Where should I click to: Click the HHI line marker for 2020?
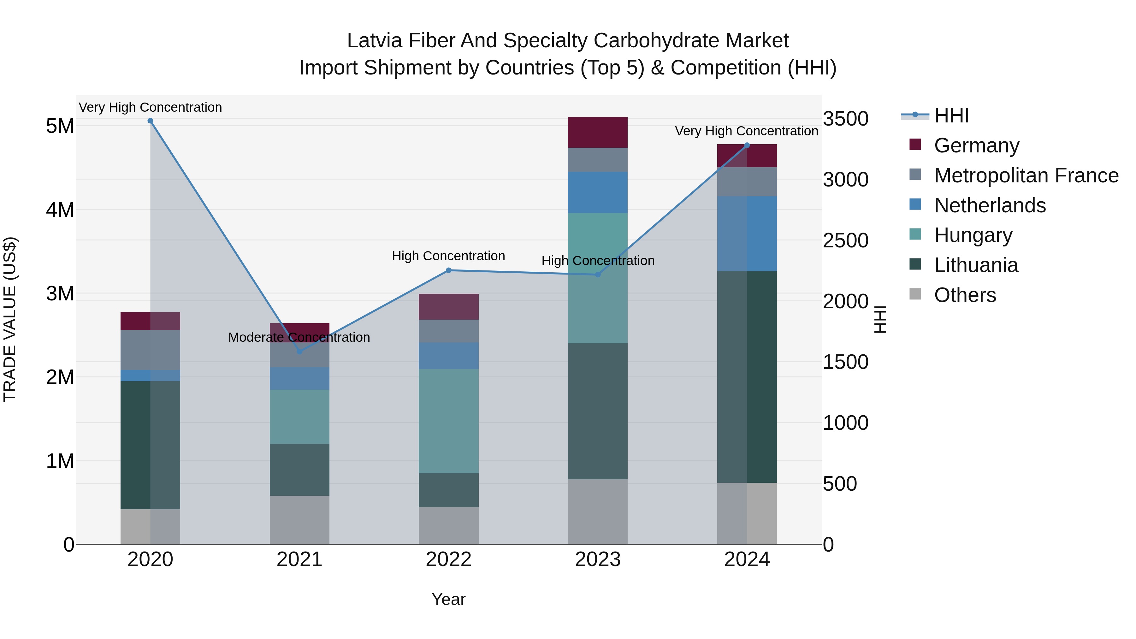pyautogui.click(x=151, y=121)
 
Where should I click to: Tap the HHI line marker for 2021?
pyautogui.click(x=299, y=352)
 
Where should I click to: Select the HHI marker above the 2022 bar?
pyautogui.click(x=448, y=270)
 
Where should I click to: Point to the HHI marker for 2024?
pyautogui.click(x=747, y=145)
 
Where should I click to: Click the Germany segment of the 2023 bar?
pyautogui.click(x=598, y=132)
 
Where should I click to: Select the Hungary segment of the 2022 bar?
pyautogui.click(x=448, y=421)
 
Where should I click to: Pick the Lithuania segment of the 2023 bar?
pyautogui.click(x=598, y=411)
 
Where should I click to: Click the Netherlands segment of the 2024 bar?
pyautogui.click(x=747, y=234)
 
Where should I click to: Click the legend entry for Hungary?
pyautogui.click(x=973, y=235)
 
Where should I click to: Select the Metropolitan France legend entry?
pyautogui.click(x=1026, y=175)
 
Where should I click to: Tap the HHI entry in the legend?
pyautogui.click(x=951, y=115)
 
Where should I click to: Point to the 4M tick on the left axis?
pyautogui.click(x=60, y=210)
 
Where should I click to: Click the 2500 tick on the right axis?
pyautogui.click(x=845, y=241)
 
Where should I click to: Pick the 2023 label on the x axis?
pyautogui.click(x=598, y=559)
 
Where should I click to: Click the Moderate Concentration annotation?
pyautogui.click(x=299, y=337)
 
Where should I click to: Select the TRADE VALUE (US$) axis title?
pyautogui.click(x=10, y=319)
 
